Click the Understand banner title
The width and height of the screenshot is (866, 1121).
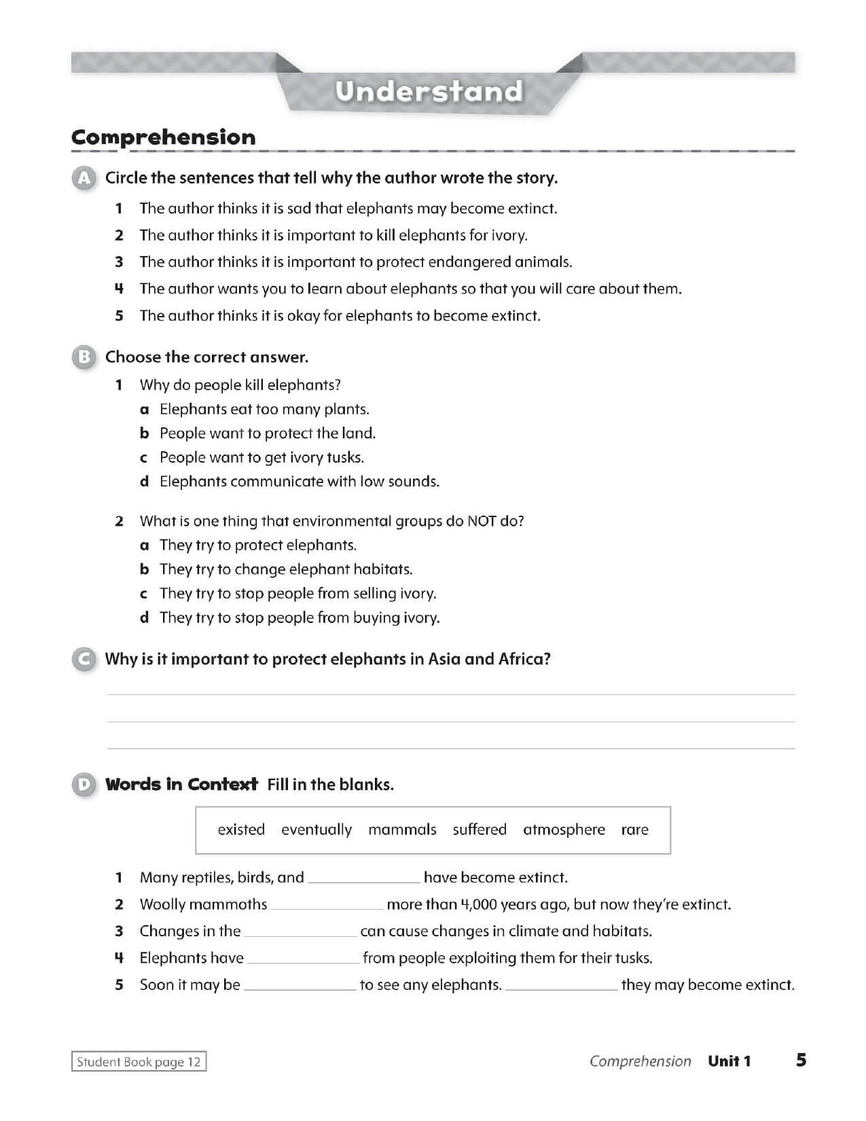coord(429,91)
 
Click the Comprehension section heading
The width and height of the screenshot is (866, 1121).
coord(164,137)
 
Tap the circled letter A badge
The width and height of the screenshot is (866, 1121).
coord(84,179)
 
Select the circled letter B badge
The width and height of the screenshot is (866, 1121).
coord(84,357)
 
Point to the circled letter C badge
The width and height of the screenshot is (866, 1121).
coord(84,660)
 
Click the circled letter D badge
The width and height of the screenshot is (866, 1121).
coord(84,785)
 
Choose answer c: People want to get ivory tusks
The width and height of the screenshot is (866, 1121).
coord(261,458)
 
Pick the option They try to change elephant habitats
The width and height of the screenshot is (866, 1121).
coord(286,569)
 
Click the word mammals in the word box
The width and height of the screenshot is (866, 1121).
coord(402,830)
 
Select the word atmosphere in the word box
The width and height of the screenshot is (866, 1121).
coord(564,830)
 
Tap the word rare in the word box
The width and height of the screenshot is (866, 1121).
coord(634,830)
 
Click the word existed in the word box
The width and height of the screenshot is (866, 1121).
coord(241,830)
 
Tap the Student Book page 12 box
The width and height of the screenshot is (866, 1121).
coord(139,1062)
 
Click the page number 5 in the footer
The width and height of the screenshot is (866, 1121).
coord(801,1060)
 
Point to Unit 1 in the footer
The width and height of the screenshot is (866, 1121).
coord(729,1061)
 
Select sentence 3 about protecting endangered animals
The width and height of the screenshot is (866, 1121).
coord(355,262)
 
